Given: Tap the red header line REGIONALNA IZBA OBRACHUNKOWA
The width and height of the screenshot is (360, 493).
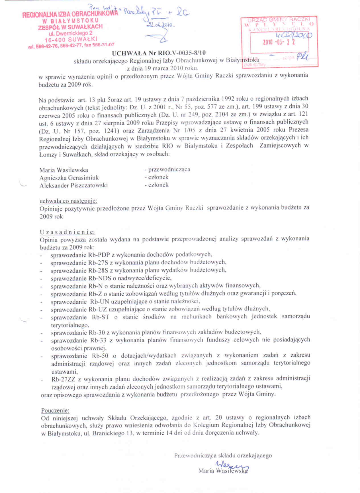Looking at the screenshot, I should pyautogui.click(x=70, y=14).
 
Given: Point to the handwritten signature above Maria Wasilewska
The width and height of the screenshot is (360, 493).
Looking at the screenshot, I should pyautogui.click(x=232, y=465).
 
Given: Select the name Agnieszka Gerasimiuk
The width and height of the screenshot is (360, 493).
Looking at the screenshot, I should pyautogui.click(x=69, y=178).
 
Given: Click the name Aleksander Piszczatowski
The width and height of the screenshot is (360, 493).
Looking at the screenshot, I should pyautogui.click(x=73, y=185).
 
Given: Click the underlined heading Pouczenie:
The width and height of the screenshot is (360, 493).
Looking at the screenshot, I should pyautogui.click(x=55, y=410).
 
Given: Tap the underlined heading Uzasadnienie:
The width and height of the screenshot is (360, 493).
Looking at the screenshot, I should pyautogui.click(x=67, y=232).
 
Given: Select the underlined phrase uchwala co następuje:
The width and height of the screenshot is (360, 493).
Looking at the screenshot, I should pyautogui.click(x=68, y=201).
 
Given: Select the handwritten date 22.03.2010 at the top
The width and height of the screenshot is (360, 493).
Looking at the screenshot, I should pyautogui.click(x=161, y=25).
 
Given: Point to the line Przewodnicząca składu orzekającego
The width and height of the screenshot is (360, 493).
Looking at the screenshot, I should pyautogui.click(x=223, y=455).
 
